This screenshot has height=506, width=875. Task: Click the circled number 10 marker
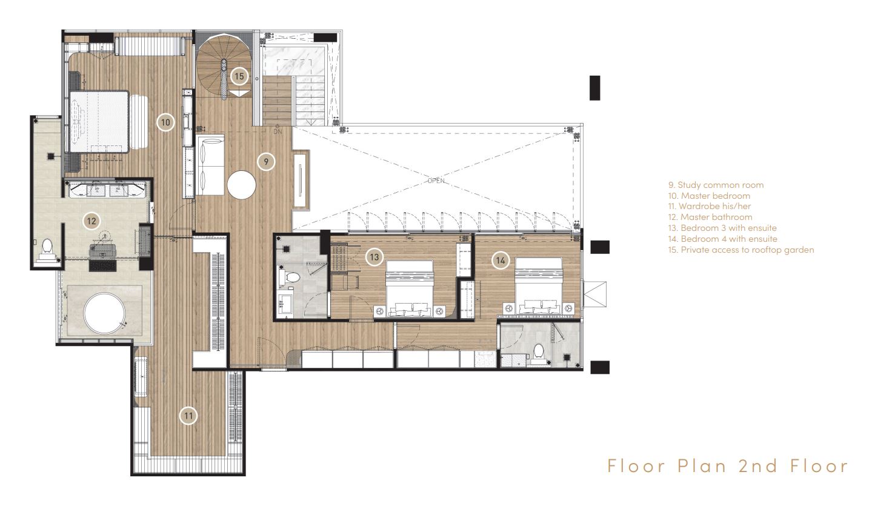(165, 122)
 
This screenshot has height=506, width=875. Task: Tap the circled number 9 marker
(266, 161)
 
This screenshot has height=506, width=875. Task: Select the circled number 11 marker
(188, 416)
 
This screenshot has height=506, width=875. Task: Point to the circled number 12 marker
(91, 221)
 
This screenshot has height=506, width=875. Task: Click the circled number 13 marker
(374, 257)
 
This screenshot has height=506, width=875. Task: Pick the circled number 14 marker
(501, 260)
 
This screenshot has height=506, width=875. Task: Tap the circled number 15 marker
(239, 76)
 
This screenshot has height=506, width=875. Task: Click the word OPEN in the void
(436, 181)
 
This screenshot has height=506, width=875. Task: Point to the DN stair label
(278, 132)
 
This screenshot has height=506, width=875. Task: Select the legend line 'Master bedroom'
(709, 196)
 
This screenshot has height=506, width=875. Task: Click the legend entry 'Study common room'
(716, 185)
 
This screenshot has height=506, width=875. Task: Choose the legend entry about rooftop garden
(741, 250)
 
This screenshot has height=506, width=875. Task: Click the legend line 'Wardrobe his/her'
(710, 206)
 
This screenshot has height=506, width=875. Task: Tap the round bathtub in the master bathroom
(105, 313)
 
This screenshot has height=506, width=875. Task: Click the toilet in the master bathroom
(47, 250)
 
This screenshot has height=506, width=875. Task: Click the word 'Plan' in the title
(702, 466)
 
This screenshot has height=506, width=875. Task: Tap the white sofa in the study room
(210, 165)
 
